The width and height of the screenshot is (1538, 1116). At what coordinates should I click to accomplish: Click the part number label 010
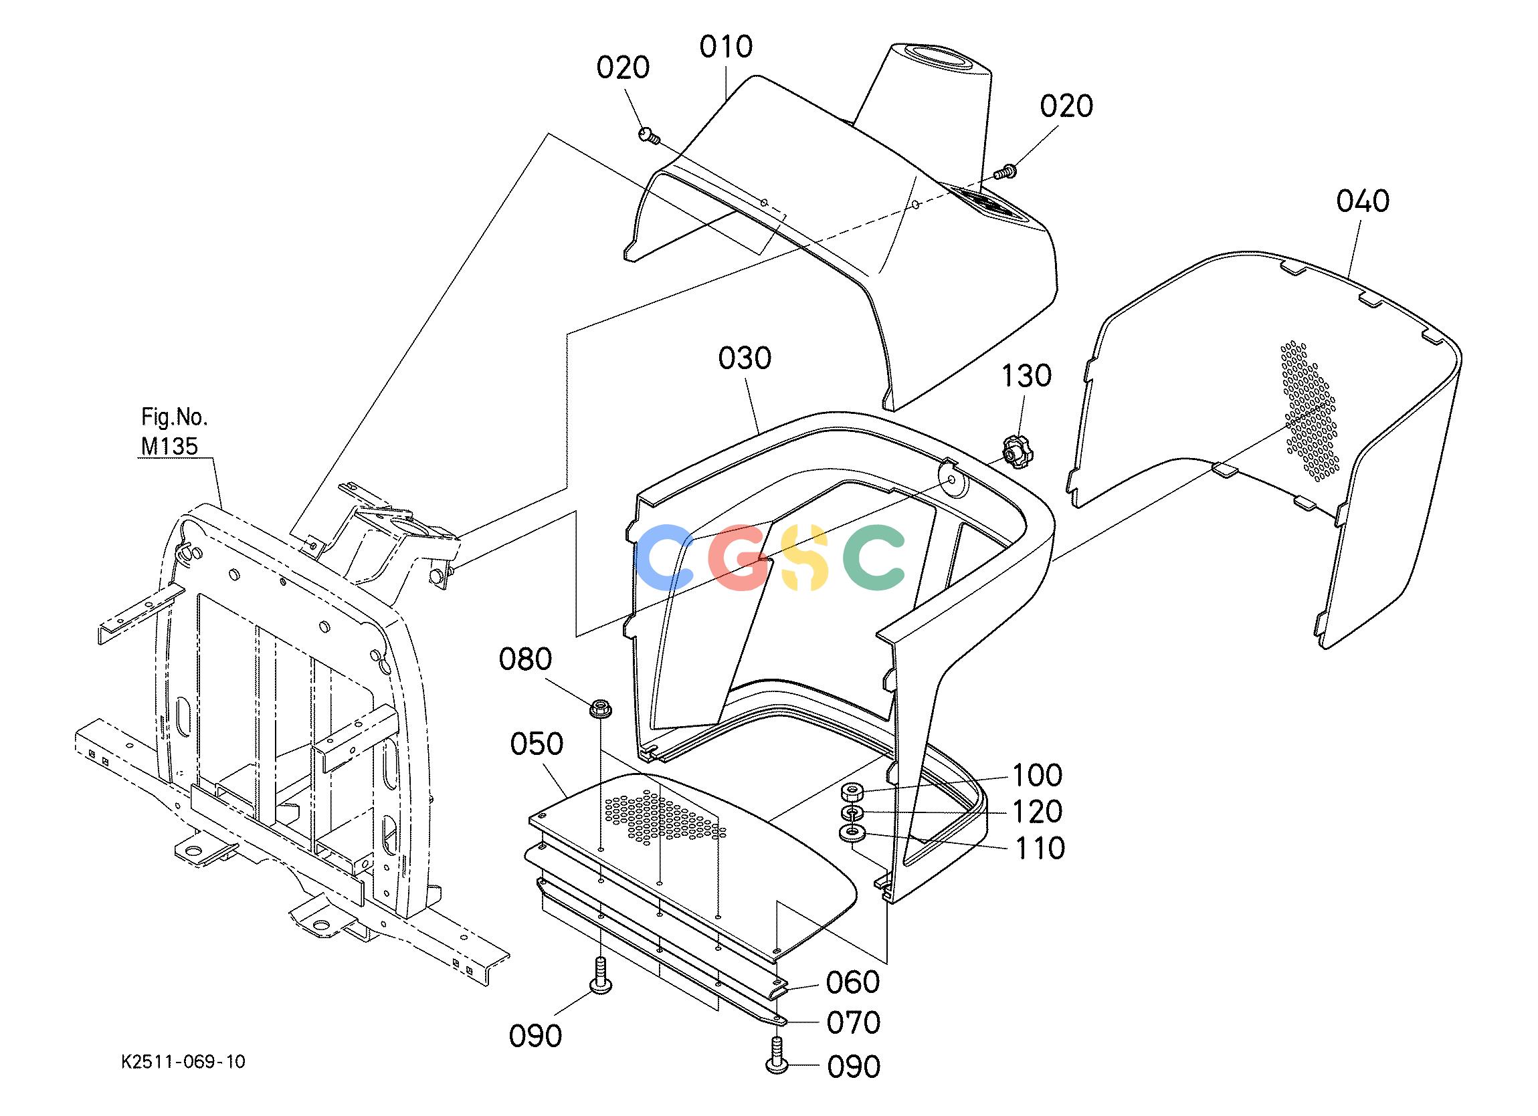coord(727,47)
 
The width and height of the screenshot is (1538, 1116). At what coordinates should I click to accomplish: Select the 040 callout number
coord(1363,201)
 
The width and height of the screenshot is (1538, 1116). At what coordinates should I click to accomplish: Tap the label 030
coord(745,358)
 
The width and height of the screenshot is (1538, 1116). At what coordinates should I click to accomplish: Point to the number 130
coord(1027,375)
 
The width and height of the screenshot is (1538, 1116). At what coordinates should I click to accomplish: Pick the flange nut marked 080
coord(599,708)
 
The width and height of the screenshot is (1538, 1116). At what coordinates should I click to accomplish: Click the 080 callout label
coord(526,659)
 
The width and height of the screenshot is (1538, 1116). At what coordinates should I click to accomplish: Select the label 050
coord(537,744)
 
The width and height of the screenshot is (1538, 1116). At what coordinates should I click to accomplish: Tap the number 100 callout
coord(1038,775)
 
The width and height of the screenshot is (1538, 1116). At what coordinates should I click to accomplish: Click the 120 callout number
coord(1038,811)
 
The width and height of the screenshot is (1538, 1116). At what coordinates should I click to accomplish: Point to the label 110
coord(1040,847)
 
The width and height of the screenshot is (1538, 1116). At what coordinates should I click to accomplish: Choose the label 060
coord(853,982)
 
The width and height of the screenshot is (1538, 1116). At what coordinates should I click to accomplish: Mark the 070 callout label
coord(853,1022)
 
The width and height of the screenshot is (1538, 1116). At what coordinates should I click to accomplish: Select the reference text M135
coord(169,445)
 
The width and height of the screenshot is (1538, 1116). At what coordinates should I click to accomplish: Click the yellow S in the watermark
coord(805,556)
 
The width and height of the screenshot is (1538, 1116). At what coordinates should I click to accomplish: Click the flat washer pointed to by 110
coord(852,832)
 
